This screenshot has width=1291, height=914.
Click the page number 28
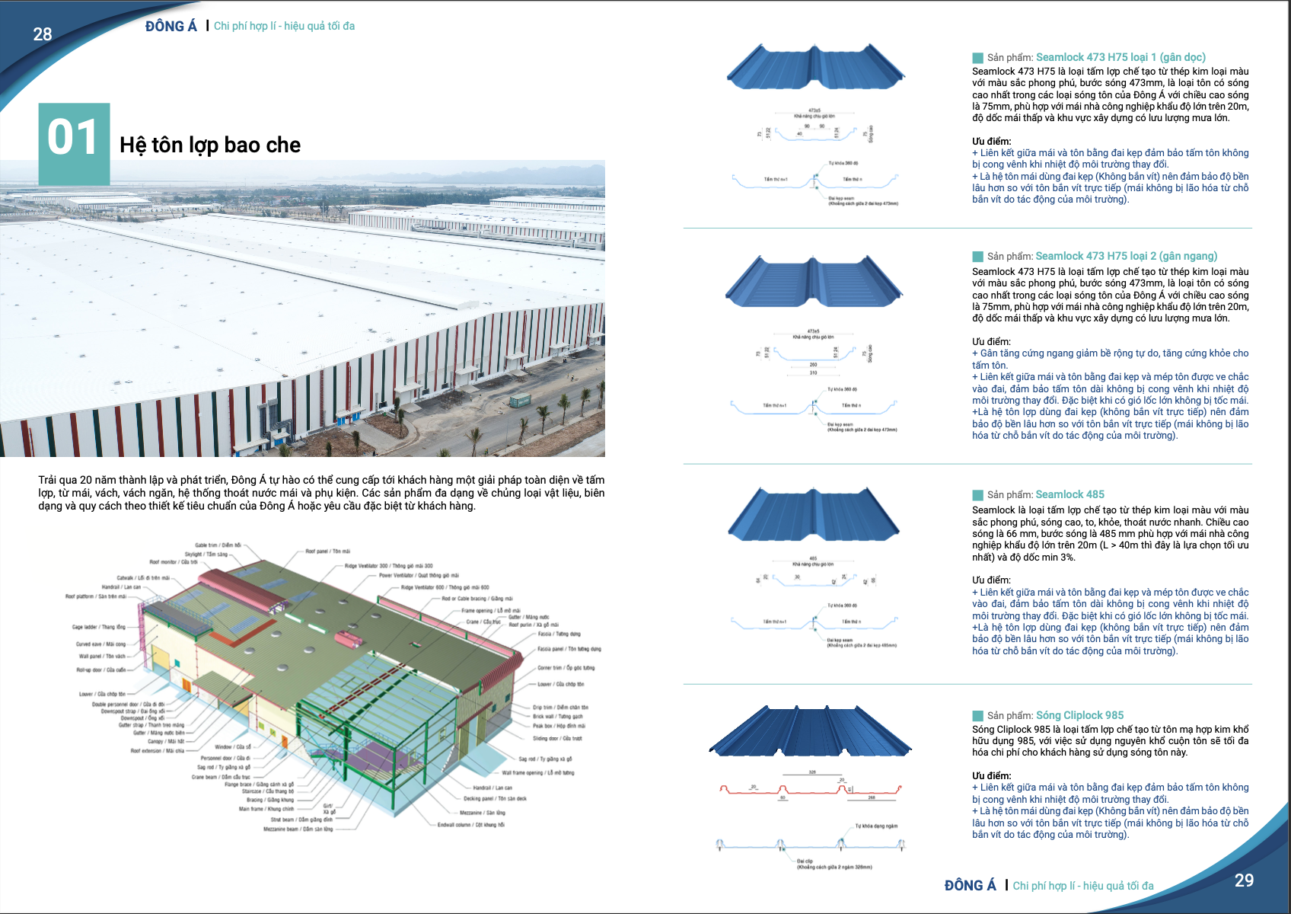[43, 34]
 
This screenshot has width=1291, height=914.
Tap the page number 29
[1244, 880]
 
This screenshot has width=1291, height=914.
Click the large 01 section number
[73, 139]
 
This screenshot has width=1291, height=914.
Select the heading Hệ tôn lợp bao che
[210, 145]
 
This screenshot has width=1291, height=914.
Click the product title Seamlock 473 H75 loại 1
[1120, 57]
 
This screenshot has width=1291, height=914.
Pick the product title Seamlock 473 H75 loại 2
[1126, 256]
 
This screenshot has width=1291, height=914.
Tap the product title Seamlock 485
[1069, 494]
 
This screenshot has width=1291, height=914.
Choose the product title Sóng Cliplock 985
[1079, 715]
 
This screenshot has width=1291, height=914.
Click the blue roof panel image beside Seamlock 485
[813, 514]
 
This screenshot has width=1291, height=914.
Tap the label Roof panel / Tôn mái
[328, 551]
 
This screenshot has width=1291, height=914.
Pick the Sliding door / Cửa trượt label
[557, 738]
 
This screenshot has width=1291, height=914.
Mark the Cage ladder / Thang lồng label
[99, 627]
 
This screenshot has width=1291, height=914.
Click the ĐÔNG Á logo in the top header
[171, 27]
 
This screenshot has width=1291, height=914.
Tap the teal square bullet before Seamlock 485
[977, 495]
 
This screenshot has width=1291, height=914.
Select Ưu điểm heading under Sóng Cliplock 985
[991, 775]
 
